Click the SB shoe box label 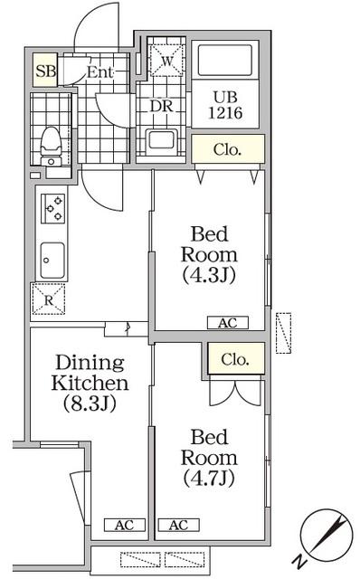[43, 71]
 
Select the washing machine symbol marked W [166, 62]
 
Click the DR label [161, 104]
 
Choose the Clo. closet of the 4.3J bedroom [227, 149]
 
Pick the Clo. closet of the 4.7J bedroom [236, 359]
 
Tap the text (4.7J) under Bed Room [209, 478]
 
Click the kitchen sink [52, 261]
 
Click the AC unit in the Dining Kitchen [123, 525]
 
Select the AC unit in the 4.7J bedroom [178, 525]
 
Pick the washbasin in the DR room [163, 141]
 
